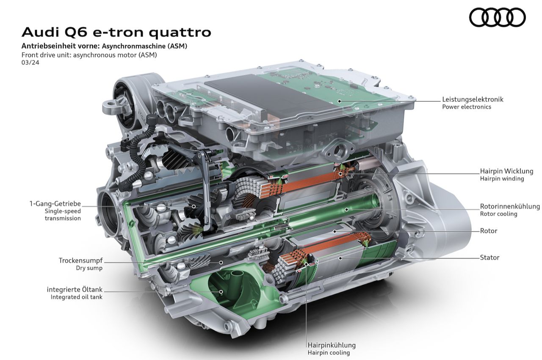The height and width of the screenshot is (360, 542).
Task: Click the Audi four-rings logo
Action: tap(497, 17)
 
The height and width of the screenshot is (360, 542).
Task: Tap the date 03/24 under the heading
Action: tap(30, 63)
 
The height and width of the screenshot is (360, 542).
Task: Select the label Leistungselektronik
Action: tap(473, 100)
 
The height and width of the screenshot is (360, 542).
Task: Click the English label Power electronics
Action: tap(467, 107)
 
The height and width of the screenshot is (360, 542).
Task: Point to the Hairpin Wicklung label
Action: tap(506, 171)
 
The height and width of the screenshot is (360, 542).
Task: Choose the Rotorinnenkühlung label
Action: tap(510, 206)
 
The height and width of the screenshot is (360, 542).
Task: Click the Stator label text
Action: tap(489, 258)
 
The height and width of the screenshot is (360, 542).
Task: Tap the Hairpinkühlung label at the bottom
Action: tap(332, 345)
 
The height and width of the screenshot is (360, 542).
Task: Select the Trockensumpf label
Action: tap(80, 260)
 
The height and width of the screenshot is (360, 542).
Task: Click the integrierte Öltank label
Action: tap(75, 290)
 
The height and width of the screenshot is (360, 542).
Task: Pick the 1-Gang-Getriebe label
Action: tap(55, 204)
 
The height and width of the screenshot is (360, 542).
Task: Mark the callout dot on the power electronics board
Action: tap(340, 101)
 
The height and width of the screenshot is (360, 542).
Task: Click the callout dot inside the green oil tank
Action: tap(221, 292)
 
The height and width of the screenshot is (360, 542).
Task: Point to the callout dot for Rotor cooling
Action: tap(346, 209)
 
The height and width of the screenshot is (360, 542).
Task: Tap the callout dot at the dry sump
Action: tap(221, 262)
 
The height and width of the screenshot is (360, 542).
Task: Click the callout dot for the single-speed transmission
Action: tap(194, 206)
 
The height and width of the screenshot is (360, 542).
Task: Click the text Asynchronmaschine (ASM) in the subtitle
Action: tap(144, 46)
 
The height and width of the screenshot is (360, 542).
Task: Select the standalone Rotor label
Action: tap(489, 231)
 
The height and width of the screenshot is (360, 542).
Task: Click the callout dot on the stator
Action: tap(340, 258)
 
